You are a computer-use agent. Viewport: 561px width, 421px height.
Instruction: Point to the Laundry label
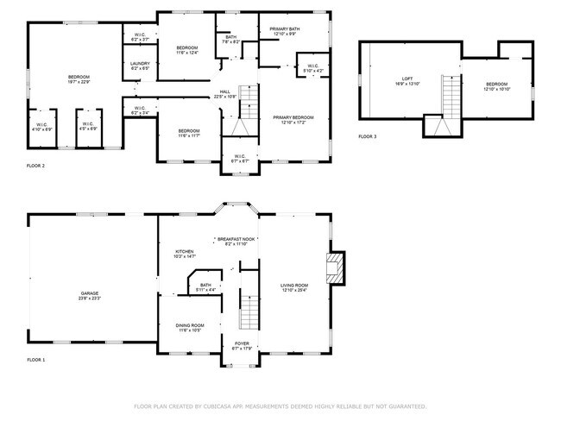coord(140,65)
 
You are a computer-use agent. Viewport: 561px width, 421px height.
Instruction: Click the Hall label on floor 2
coord(224,93)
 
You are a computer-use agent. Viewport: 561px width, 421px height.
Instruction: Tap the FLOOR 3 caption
coord(368,137)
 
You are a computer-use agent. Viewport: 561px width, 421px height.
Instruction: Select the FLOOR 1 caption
coord(35,359)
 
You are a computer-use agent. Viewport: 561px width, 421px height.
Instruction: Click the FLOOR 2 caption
coord(35,165)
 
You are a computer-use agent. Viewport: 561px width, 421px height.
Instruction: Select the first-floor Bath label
coord(205,287)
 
